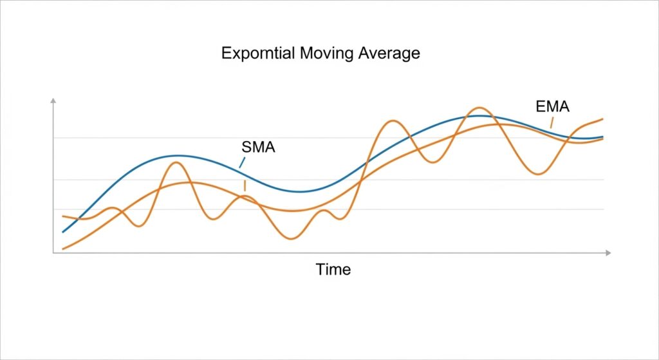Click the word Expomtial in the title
(x=259, y=53)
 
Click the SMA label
(x=258, y=147)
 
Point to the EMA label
(x=552, y=107)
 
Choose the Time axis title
(x=333, y=269)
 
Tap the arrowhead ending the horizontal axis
(x=607, y=254)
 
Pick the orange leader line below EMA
(x=552, y=122)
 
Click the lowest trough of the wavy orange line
(x=292, y=239)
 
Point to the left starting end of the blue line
(x=62, y=232)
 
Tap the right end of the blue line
(x=603, y=137)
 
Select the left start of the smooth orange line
(x=62, y=249)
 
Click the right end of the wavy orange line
(x=603, y=118)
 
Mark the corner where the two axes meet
(x=53, y=254)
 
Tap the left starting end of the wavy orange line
(x=62, y=216)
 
